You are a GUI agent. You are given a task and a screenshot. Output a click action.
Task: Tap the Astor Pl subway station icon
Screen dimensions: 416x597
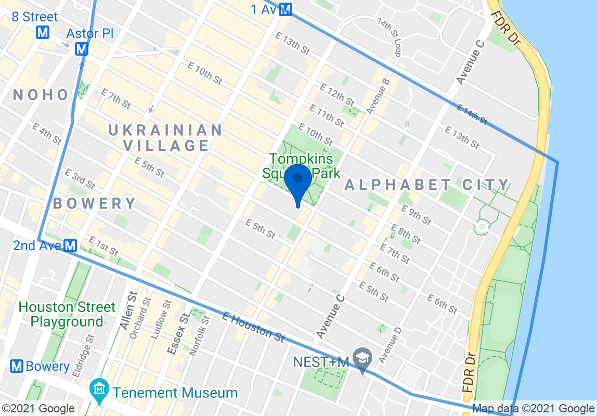[x=81, y=49]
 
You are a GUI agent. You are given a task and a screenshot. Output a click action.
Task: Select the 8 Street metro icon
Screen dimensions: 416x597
[x=43, y=32]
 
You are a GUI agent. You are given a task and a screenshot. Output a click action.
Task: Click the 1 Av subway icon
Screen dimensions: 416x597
[x=285, y=9]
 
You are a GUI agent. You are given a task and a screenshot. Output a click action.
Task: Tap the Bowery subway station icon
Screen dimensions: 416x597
[x=17, y=366]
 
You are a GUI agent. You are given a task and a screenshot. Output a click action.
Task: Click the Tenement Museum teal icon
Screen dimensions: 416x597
[x=98, y=388]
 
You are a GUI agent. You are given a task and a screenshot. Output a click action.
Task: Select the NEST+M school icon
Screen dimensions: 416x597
[x=361, y=357]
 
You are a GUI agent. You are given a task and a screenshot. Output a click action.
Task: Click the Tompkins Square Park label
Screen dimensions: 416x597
[x=305, y=165]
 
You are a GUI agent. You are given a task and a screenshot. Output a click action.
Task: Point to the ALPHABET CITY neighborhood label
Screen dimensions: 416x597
[x=426, y=185]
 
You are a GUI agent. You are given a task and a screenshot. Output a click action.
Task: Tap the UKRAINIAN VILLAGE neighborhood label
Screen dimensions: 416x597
[x=165, y=137]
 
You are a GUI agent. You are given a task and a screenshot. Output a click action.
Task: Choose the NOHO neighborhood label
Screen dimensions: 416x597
[x=41, y=95]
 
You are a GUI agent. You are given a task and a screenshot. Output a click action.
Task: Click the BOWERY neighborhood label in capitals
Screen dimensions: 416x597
[x=94, y=203]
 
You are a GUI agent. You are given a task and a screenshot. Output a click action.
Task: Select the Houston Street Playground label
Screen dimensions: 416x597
[x=67, y=314]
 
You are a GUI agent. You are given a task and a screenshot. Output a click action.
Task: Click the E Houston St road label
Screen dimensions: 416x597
[x=253, y=327]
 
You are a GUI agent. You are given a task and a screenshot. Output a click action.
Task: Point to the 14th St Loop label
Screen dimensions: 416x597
[x=390, y=38]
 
